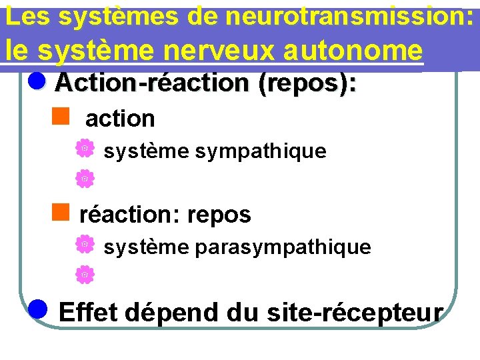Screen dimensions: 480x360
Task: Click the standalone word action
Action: click(x=120, y=119)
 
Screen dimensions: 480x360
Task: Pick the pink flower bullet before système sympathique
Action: click(x=84, y=149)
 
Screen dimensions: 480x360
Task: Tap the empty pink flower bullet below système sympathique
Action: click(x=84, y=178)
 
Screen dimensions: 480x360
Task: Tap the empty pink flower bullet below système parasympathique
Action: click(x=84, y=273)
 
